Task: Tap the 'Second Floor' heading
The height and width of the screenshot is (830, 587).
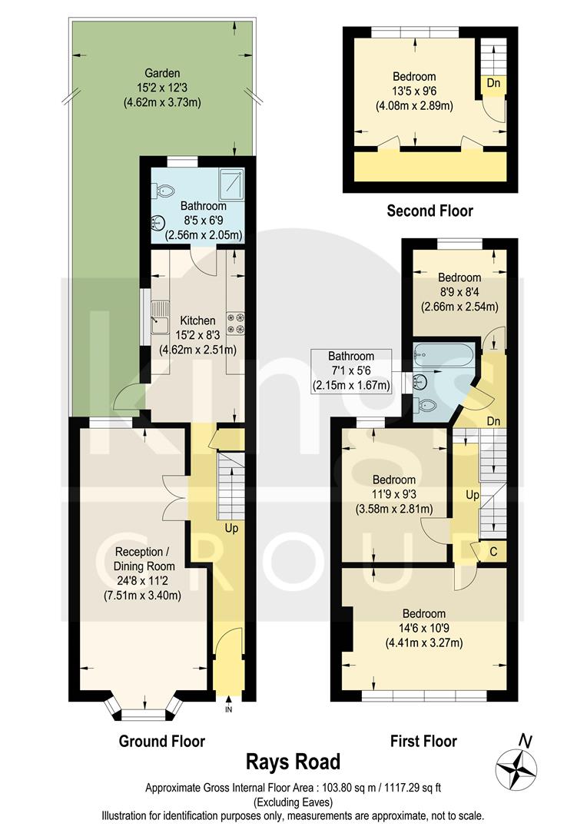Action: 429,211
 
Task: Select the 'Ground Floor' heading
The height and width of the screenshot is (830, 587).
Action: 161,741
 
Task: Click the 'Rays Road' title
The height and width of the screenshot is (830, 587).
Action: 293,762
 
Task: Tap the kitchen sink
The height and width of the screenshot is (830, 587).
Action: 160,317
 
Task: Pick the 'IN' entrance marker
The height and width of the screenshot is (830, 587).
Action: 228,709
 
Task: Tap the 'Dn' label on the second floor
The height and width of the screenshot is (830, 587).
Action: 489,82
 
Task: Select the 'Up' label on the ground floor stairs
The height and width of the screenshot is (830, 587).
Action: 230,529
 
